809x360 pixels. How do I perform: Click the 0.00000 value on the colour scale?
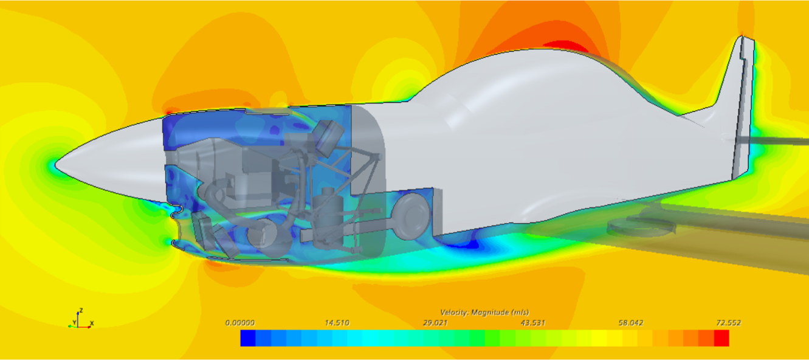(240, 323)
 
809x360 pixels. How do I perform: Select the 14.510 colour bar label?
(337, 323)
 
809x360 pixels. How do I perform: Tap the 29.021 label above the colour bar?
(435, 323)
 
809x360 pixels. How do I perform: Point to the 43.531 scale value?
(532, 323)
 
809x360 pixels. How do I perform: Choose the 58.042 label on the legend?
(630, 323)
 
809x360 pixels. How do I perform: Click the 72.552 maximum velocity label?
(728, 323)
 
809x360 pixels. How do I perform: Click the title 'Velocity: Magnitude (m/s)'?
(484, 313)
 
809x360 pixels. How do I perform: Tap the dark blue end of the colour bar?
(248, 338)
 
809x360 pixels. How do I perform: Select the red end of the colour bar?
(721, 338)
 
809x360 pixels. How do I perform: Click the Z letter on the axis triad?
(81, 311)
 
